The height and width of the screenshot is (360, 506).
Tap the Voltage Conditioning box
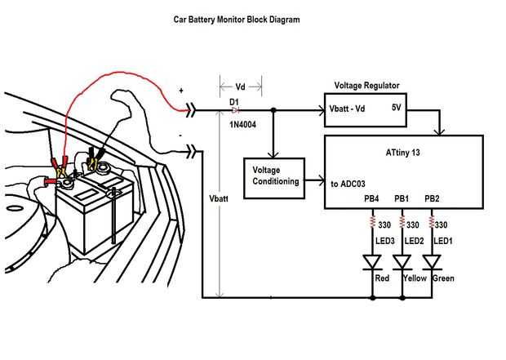[272, 176]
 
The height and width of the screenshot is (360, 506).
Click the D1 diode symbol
[233, 109]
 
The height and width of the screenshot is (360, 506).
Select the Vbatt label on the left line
[219, 198]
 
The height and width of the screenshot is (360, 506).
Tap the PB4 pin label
[372, 198]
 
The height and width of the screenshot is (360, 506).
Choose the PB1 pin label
[402, 198]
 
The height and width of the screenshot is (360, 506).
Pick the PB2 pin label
[432, 198]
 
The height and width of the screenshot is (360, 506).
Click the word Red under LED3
[382, 278]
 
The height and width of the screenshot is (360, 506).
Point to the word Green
[443, 278]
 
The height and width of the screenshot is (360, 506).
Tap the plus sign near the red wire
[181, 91]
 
